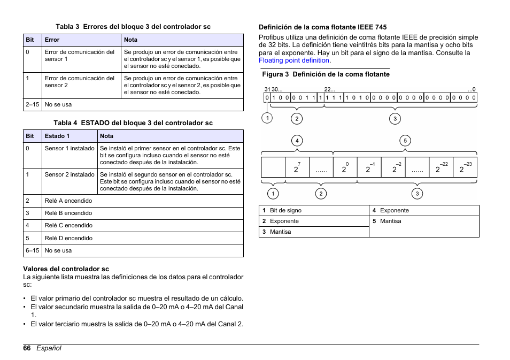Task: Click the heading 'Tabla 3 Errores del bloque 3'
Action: [133, 27]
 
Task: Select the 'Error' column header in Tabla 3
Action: [52, 40]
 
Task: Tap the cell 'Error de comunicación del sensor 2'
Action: [80, 81]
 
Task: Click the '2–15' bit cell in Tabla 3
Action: [32, 105]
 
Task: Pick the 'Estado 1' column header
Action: [57, 136]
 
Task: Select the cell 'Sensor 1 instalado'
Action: [69, 148]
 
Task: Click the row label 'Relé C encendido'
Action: [68, 225]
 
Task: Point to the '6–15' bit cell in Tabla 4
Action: [32, 250]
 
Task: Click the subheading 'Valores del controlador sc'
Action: [66, 269]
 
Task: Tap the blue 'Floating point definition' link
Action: [294, 60]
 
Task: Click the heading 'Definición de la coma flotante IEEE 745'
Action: [323, 27]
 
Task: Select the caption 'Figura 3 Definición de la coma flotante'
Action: [325, 74]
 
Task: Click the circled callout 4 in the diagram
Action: [297, 141]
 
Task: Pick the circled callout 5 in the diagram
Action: [405, 141]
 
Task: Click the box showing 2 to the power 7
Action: [297, 168]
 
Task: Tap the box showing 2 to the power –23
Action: [465, 168]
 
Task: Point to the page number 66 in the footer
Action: [27, 348]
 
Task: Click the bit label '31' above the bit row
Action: [267, 90]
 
